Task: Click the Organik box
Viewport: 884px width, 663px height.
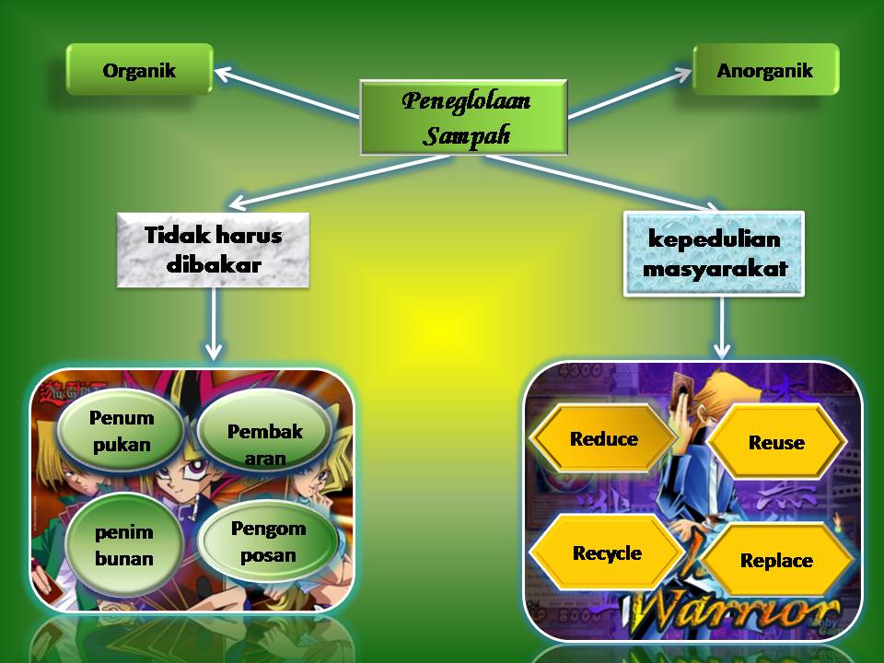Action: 139,69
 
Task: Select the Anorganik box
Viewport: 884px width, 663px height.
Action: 765,69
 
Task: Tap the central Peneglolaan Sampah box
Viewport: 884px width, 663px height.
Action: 464,118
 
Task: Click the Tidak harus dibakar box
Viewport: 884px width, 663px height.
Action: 213,250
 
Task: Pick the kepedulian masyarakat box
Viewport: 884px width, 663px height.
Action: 714,253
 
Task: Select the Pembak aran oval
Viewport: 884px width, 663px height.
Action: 264,444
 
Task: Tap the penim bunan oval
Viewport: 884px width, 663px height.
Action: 123,545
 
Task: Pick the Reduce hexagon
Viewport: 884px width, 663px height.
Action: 603,439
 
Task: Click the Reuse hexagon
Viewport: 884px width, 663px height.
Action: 776,443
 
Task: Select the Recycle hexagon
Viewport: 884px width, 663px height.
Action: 606,553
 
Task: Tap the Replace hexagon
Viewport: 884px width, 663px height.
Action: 776,561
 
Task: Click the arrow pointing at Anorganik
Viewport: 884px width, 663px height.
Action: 632,92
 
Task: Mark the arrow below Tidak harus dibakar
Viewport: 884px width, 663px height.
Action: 214,322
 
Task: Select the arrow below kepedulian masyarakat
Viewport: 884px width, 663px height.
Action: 722,327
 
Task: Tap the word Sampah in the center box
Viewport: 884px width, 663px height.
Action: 466,137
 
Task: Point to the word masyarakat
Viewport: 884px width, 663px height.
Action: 714,269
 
